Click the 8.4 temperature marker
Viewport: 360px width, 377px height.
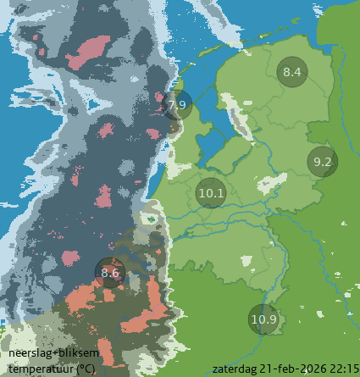pos(291,72)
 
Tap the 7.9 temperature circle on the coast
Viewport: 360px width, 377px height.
pos(177,105)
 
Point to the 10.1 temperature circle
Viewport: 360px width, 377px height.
pos(210,193)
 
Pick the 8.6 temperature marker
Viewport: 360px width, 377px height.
pos(110,273)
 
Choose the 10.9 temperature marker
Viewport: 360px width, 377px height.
pos(263,319)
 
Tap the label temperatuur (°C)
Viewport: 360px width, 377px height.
pos(52,369)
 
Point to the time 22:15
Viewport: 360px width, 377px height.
pos(343,369)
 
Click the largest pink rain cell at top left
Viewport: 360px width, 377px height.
pos(87,53)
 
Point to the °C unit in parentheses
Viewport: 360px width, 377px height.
pos(86,369)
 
